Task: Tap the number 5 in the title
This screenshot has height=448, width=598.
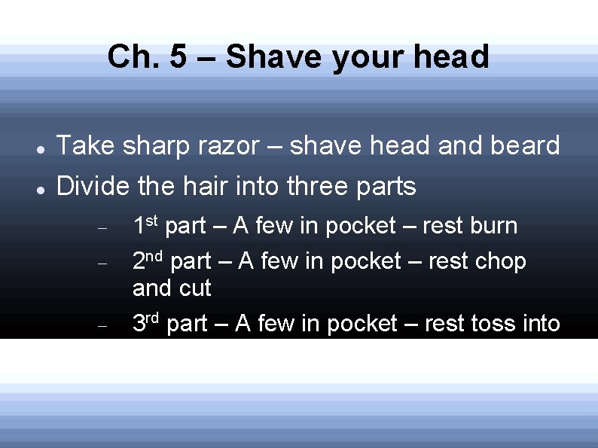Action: coord(178,57)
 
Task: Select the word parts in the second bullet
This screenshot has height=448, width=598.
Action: coord(388,187)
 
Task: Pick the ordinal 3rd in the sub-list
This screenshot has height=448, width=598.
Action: coord(147,323)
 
